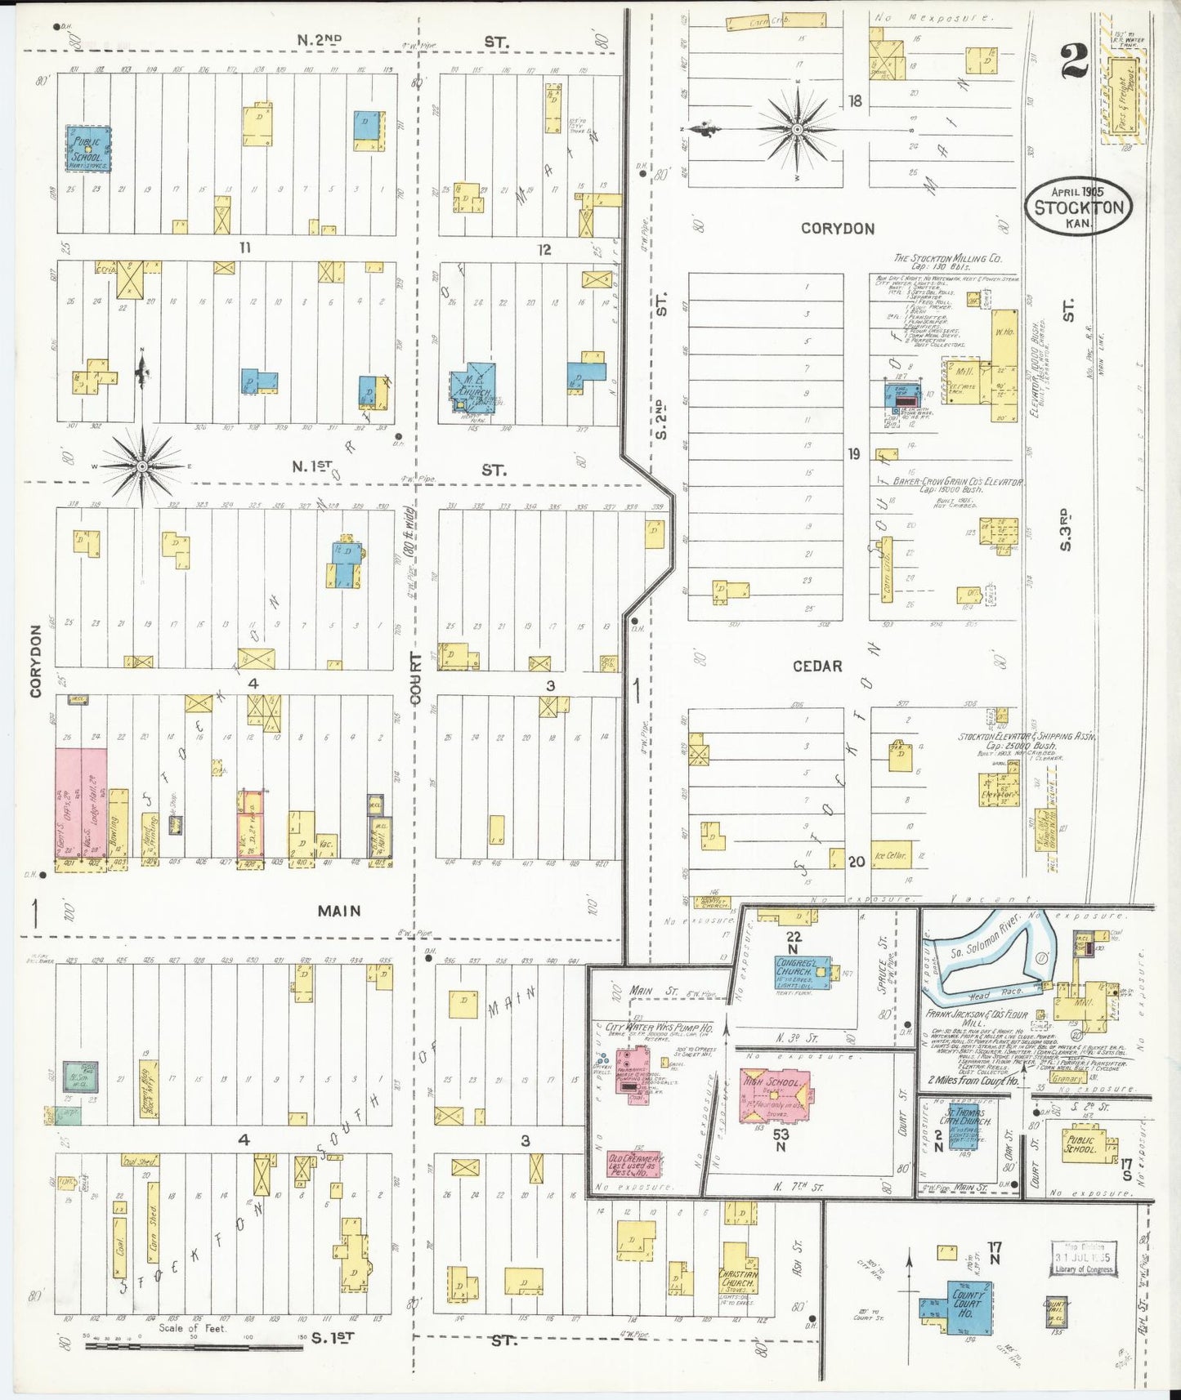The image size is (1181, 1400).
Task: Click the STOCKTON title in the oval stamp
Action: pyautogui.click(x=1079, y=207)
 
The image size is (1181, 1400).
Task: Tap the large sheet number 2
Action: pyautogui.click(x=1074, y=62)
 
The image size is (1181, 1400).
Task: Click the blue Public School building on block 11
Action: pyautogui.click(x=87, y=148)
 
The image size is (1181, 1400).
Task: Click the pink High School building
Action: pyautogui.click(x=775, y=1093)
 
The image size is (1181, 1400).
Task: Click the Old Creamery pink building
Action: pyautogui.click(x=634, y=1165)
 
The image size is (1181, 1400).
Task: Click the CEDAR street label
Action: pyautogui.click(x=817, y=667)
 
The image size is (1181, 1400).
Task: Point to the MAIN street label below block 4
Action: pyautogui.click(x=339, y=911)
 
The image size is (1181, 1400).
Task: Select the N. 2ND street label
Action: pyautogui.click(x=320, y=39)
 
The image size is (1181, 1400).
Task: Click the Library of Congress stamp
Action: pyautogui.click(x=1083, y=1258)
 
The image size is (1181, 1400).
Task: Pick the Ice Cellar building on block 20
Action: pyautogui.click(x=890, y=854)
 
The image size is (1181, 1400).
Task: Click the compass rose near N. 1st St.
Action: pyautogui.click(x=142, y=466)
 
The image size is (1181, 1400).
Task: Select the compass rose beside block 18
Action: pyautogui.click(x=797, y=128)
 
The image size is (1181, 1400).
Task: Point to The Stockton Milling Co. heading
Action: pyautogui.click(x=947, y=258)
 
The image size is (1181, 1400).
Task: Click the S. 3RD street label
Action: pyautogui.click(x=1066, y=529)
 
